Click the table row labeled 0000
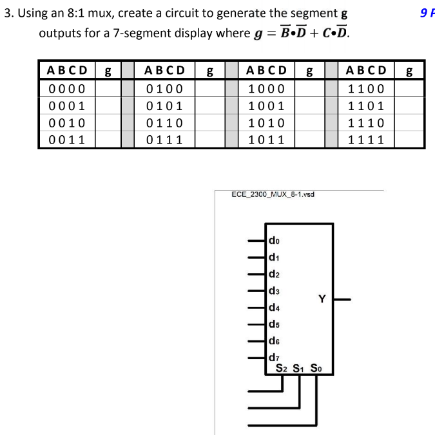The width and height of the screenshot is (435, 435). [x=67, y=89]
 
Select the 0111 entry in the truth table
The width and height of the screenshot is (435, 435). [x=164, y=140]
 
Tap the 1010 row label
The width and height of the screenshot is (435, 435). [x=266, y=123]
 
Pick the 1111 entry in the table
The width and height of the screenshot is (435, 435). [x=366, y=140]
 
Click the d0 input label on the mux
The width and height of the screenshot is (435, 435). [x=274, y=241]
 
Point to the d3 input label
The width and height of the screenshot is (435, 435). [x=274, y=291]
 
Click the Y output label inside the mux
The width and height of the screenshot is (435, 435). [x=322, y=299]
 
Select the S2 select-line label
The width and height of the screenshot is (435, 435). [x=282, y=369]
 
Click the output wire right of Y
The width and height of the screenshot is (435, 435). [x=342, y=300]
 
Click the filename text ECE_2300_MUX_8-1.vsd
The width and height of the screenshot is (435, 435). [x=273, y=194]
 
